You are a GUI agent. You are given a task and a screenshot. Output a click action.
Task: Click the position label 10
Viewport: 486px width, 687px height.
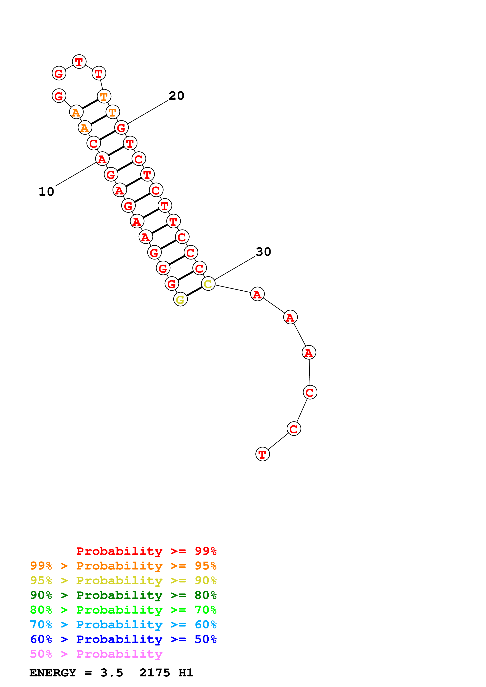pyautogui.click(x=46, y=192)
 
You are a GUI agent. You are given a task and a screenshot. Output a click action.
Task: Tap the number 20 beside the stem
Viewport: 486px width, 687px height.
pyautogui.click(x=176, y=96)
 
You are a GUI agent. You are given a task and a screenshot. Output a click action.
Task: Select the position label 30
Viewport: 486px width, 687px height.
pyautogui.click(x=263, y=252)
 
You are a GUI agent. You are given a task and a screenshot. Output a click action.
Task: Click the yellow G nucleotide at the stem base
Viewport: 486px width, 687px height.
pyautogui.click(x=180, y=299)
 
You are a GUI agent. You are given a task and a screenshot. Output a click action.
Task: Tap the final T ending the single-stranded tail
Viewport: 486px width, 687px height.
pyautogui.click(x=262, y=454)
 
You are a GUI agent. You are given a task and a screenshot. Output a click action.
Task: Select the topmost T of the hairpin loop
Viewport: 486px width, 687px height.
pyautogui.click(x=79, y=62)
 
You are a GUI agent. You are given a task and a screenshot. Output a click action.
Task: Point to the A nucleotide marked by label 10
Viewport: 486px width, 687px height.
pyautogui.click(x=102, y=159)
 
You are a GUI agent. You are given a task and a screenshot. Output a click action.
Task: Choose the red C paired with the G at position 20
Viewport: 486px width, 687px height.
pyautogui.click(x=94, y=143)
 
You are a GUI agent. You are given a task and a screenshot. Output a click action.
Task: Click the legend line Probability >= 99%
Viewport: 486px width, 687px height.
pyautogui.click(x=146, y=551)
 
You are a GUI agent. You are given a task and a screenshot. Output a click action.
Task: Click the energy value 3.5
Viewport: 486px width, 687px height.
pyautogui.click(x=112, y=673)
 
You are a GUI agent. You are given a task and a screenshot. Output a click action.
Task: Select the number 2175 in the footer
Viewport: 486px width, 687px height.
pyautogui.click(x=154, y=673)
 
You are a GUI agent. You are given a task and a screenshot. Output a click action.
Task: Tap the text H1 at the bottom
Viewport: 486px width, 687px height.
pyautogui.click(x=186, y=673)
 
